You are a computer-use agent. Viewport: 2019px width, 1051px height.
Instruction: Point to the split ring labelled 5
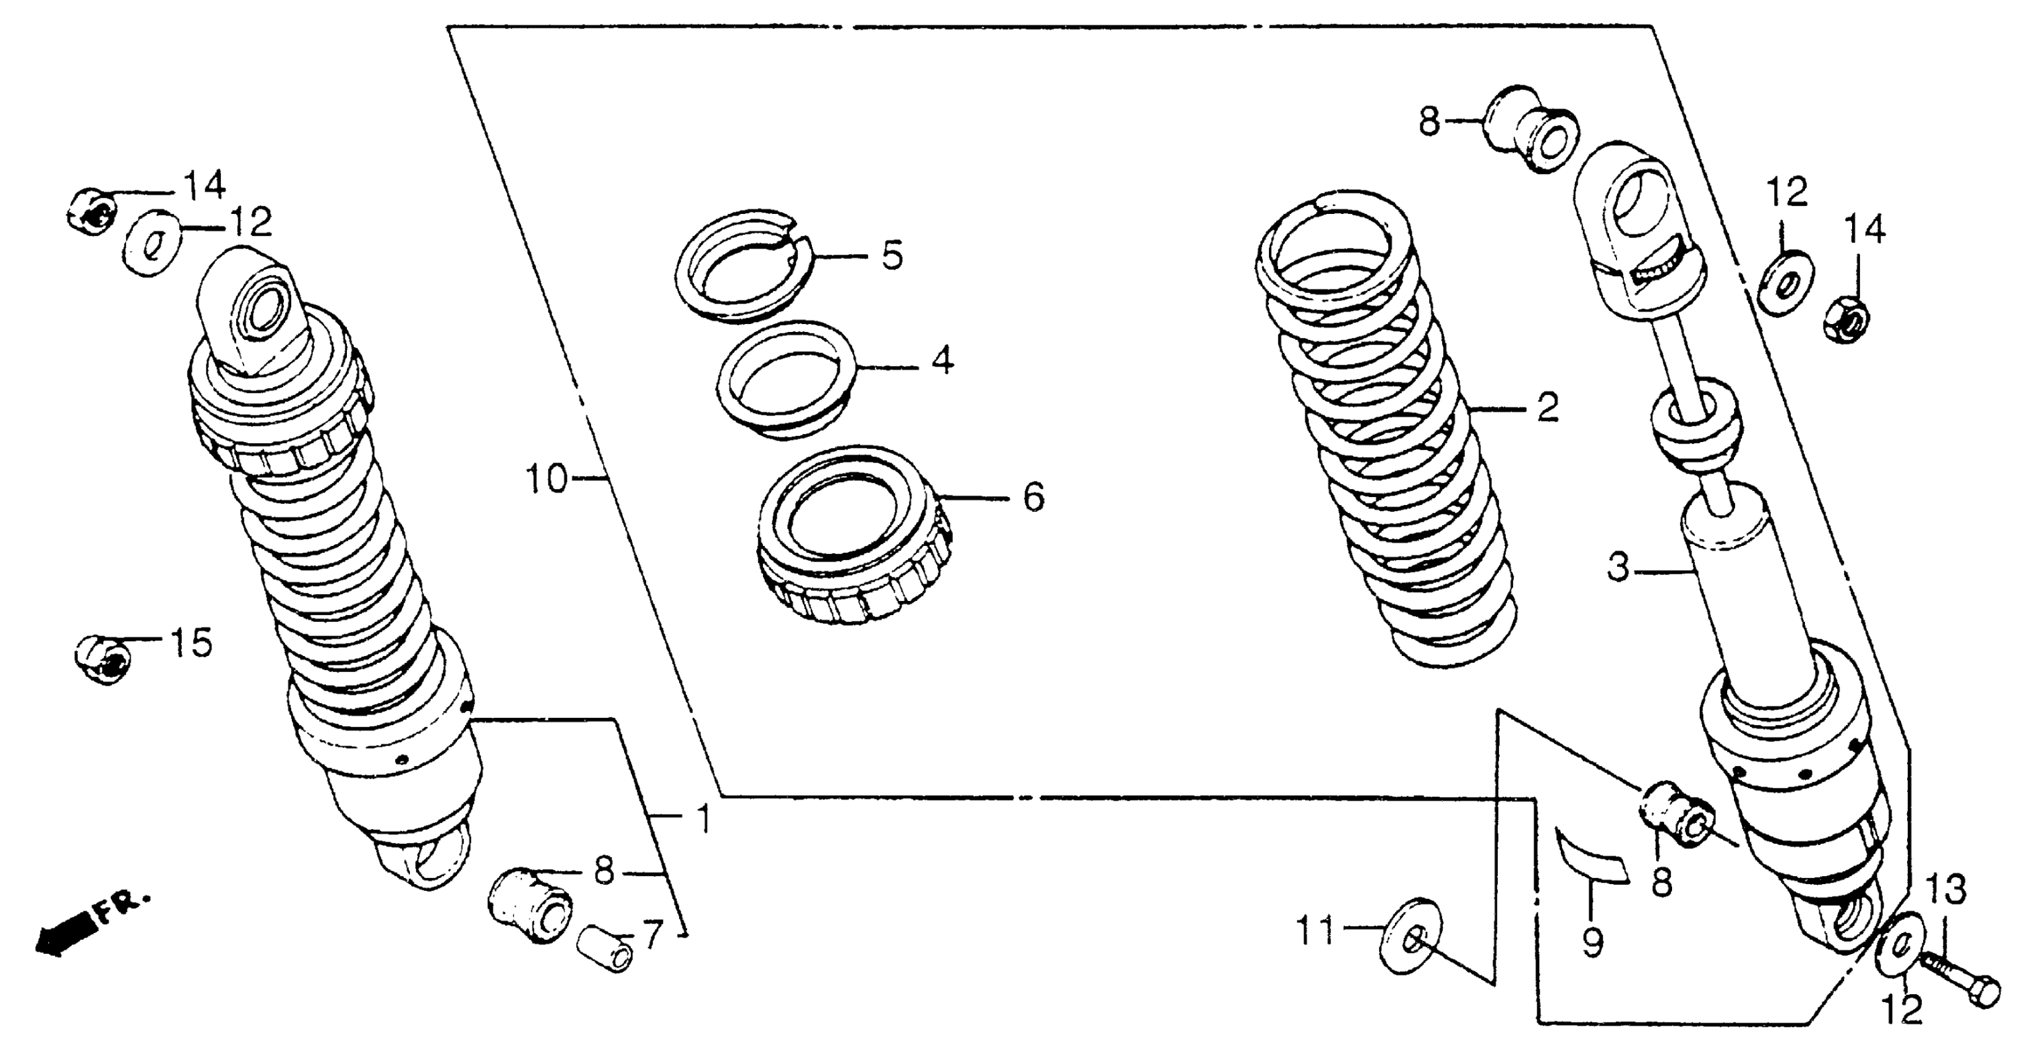tap(741, 265)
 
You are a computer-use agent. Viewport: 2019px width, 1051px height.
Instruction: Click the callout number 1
tap(703, 819)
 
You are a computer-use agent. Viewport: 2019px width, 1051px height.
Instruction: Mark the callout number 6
tap(1034, 497)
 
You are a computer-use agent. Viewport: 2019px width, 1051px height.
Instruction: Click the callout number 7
tap(652, 934)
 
